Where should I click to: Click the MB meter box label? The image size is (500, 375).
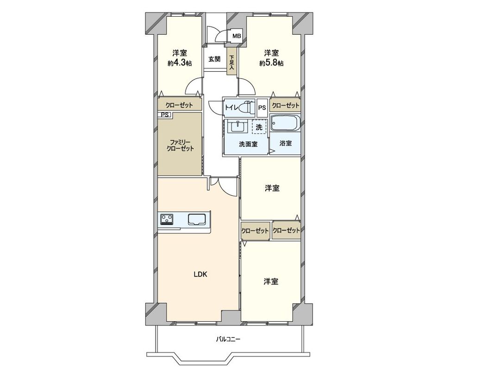tap(236, 36)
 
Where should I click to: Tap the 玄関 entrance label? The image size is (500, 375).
tap(214, 59)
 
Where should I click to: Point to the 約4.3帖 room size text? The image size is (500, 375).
tap(180, 63)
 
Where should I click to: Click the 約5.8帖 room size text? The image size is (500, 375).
tap(271, 63)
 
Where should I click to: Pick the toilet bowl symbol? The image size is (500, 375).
tap(248, 107)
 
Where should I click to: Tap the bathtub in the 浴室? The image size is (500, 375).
tap(285, 124)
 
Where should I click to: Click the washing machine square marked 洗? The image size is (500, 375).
tap(259, 127)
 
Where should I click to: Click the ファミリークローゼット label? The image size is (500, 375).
tap(180, 145)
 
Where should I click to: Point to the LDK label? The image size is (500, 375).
tap(200, 274)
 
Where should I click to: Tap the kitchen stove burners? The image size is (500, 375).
tap(166, 218)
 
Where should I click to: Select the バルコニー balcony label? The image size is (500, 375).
tap(228, 339)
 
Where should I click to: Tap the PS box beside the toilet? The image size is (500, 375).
tap(262, 107)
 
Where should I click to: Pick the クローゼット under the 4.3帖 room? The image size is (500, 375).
tap(179, 105)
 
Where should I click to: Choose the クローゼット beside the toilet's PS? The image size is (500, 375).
tap(285, 106)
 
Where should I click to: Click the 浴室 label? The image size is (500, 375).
tap(286, 144)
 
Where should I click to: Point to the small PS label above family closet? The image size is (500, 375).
tap(164, 115)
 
